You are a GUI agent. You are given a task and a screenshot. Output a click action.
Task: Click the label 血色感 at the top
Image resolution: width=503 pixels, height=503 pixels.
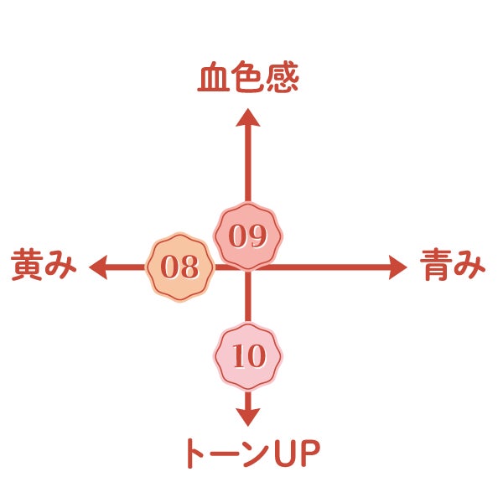coord(247,80)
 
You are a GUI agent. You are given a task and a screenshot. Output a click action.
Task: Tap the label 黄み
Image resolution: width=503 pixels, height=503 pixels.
coord(44,267)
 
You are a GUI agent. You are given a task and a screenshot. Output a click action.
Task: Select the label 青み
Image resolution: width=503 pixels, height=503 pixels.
coord(453,267)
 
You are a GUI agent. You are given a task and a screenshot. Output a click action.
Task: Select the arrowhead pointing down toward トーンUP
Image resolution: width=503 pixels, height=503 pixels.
coord(247,416)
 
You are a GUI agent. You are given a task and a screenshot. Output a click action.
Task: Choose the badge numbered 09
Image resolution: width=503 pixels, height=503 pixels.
coord(247,236)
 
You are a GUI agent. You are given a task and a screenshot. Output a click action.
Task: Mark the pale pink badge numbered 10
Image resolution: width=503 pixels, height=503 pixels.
coord(247,356)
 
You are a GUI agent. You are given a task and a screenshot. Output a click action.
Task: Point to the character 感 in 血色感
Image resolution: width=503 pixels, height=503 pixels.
coord(283,80)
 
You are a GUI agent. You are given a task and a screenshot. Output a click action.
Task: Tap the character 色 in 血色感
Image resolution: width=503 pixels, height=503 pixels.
coord(247,80)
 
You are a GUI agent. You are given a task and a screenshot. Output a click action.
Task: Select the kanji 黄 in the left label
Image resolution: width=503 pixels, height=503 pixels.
coord(27,267)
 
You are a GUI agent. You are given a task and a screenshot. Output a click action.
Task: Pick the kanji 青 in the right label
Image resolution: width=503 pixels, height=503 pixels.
coord(436,267)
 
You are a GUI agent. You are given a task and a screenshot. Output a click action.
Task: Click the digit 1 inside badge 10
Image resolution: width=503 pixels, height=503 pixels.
coord(237,357)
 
